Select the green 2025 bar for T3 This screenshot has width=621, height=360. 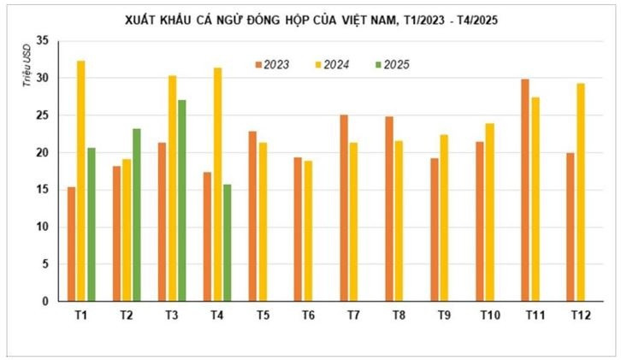click(x=181, y=201)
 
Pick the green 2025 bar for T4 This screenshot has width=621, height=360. click(x=226, y=243)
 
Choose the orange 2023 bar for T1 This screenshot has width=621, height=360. click(x=71, y=244)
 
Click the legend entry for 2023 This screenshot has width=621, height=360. click(x=274, y=63)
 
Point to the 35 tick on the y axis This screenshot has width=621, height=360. click(x=43, y=41)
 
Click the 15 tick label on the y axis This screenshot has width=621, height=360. click(x=43, y=190)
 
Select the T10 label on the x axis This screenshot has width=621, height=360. click(x=489, y=316)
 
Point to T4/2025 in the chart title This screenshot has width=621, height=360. click(x=468, y=20)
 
